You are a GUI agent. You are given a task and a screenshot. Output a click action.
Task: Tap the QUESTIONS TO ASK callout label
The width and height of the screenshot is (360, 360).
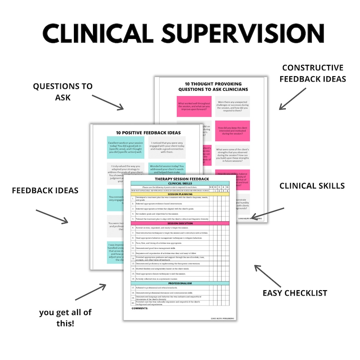[x=63, y=91]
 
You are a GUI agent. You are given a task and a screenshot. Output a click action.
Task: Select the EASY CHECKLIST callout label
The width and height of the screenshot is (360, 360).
[x=295, y=293]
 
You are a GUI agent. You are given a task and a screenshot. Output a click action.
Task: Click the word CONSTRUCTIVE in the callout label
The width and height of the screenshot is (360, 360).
[x=312, y=68]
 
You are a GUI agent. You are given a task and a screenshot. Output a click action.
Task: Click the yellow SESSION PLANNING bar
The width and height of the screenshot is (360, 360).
[x=180, y=195]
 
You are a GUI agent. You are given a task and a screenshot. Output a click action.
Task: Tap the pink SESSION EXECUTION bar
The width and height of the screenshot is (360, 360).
[x=180, y=223]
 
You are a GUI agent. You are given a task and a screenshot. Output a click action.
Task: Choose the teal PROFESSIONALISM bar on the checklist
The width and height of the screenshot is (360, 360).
[x=180, y=283]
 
